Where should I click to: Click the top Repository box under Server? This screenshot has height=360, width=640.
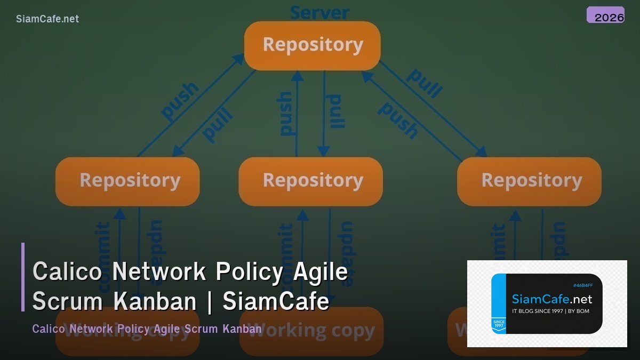coord(312,45)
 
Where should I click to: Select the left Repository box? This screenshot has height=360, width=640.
coord(127,181)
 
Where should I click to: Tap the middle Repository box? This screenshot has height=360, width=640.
coord(310,181)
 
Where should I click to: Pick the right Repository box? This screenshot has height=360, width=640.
coord(529,181)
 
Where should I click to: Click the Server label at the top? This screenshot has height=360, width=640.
coord(319,12)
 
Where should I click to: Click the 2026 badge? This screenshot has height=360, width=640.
coord(606,15)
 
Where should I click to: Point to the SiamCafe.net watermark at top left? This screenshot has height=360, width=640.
coord(47,19)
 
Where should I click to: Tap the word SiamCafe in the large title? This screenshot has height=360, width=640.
coord(276,301)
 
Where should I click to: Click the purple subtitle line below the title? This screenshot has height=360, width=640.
coord(147,329)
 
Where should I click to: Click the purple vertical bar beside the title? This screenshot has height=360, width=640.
coord(23,277)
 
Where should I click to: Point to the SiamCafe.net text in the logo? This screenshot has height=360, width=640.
coord(551,299)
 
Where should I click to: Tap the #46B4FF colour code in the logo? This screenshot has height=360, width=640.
coord(582,285)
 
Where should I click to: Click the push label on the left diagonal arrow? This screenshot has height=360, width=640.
coord(180,101)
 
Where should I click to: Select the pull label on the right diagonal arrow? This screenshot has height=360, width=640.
coord(424,83)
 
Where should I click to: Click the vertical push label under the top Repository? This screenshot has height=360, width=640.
coord(285,113)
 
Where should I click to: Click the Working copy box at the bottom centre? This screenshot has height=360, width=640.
coord(311,331)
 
